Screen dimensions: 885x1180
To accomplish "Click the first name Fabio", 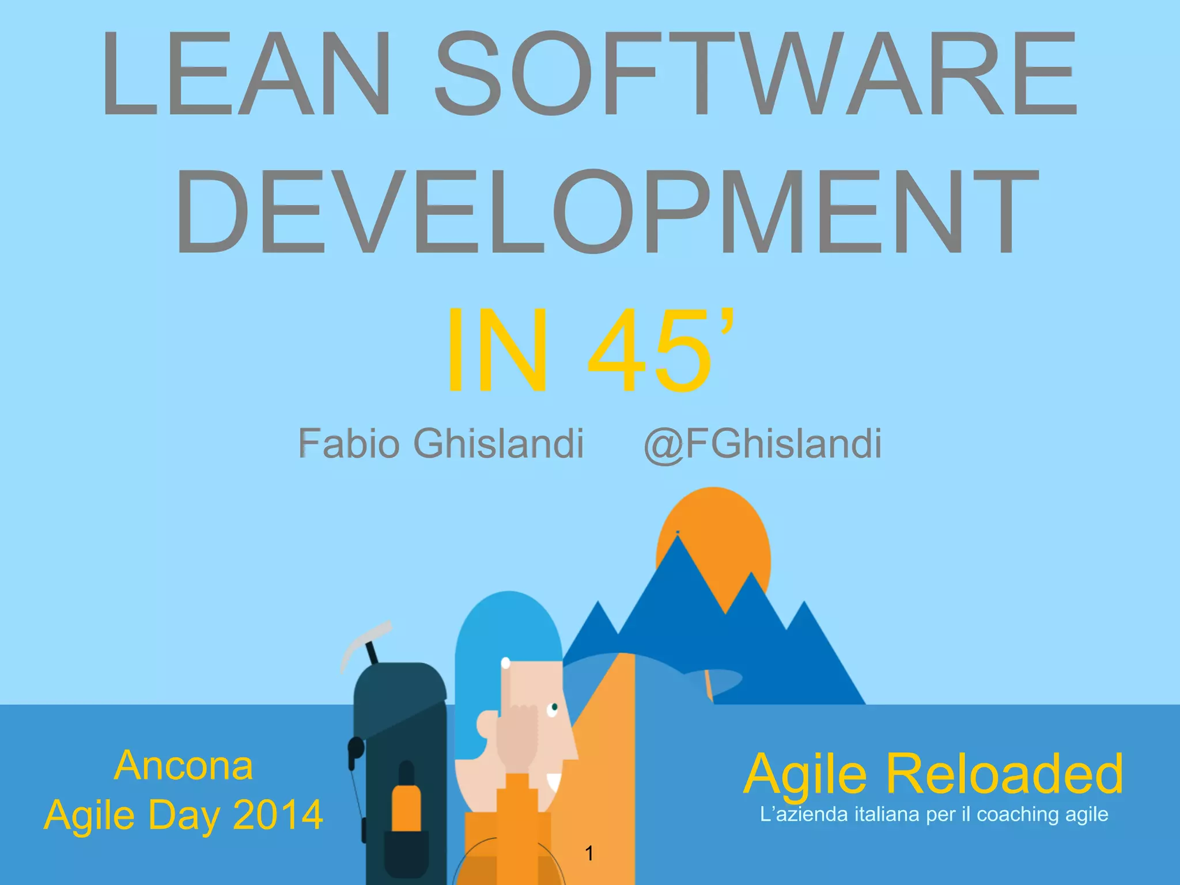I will pyautogui.click(x=349, y=444).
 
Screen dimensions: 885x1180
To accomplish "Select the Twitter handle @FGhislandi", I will pyautogui.click(x=762, y=444).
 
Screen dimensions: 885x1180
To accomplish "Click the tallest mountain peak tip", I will pyautogui.click(x=678, y=539).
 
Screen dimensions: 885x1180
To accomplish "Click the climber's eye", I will pyautogui.click(x=554, y=707).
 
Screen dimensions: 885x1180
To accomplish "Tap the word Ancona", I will pyautogui.click(x=183, y=766).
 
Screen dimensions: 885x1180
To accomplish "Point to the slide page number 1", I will pyautogui.click(x=589, y=853).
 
